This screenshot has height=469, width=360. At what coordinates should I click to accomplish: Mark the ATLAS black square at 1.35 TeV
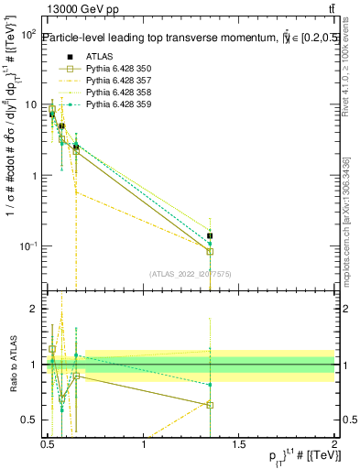coord(210,235)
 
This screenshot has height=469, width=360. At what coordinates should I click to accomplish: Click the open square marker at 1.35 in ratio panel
coord(210,404)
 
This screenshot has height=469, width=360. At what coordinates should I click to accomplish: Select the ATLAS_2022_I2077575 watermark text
coord(191,272)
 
